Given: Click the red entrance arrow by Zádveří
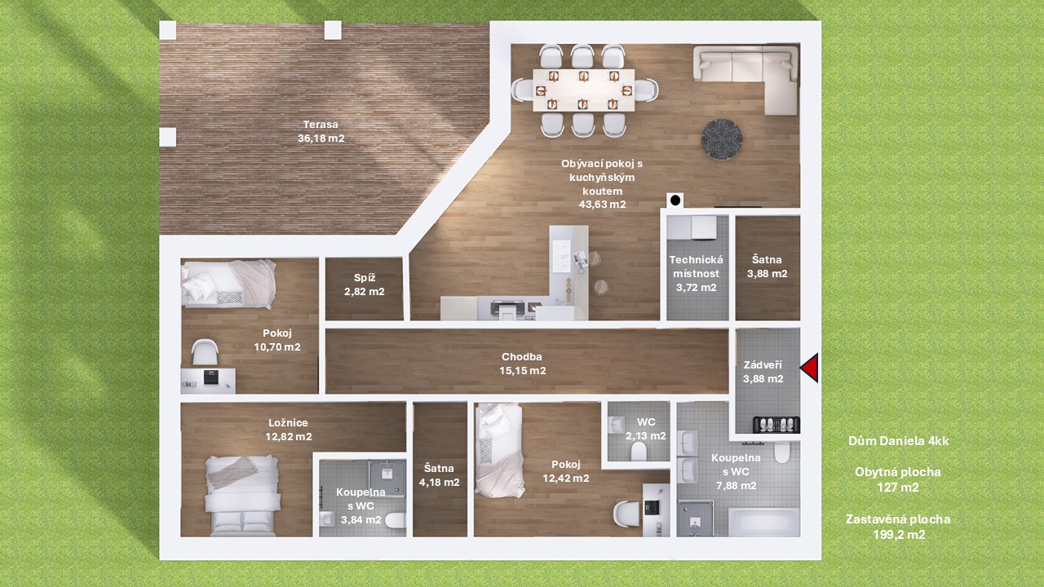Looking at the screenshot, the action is [810, 368].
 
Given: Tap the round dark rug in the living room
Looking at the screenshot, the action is [722, 139].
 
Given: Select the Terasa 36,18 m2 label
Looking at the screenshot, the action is [321, 131].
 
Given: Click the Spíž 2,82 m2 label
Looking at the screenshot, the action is [365, 285].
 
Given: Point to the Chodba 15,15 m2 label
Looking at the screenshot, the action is [523, 364].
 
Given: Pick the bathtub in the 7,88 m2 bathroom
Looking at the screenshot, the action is [764, 523].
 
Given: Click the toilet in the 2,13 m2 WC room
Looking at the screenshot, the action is [639, 451].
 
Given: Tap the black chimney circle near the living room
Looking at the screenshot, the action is [675, 201].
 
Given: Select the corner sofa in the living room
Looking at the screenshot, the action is [745, 79].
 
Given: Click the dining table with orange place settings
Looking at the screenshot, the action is [584, 90].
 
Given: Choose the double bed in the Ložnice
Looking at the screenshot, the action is [242, 495].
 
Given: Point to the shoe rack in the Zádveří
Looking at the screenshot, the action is [776, 425].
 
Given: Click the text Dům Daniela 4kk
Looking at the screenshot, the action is [898, 441].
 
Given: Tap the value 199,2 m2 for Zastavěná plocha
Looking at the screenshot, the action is [899, 535].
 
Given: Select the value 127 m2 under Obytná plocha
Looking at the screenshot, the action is [898, 488].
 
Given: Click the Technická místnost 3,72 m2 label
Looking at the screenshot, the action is [697, 273].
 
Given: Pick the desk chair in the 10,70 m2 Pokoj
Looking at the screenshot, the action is [205, 352].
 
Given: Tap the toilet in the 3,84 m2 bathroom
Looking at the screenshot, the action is [396, 520].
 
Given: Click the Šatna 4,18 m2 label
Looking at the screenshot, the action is [439, 475].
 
